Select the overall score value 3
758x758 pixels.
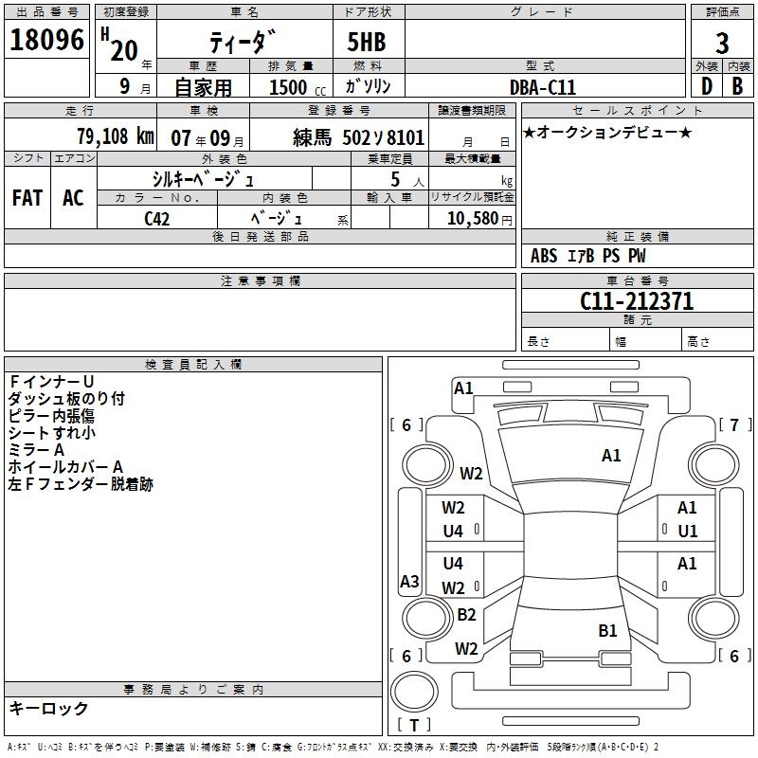tap(722, 43)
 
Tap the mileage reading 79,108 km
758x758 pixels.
tap(115, 135)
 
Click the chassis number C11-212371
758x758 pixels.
tap(636, 301)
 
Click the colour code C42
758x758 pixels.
tap(157, 219)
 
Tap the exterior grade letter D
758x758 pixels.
tap(706, 86)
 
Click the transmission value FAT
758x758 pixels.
tap(27, 197)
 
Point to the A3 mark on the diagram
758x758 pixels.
tap(409, 582)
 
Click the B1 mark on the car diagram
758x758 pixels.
tap(607, 630)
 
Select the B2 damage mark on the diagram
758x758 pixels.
tap(466, 614)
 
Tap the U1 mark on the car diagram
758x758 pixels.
tap(687, 532)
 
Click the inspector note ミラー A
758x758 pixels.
tap(36, 450)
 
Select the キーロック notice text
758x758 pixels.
tap(48, 708)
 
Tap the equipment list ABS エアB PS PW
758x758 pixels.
tap(587, 256)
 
